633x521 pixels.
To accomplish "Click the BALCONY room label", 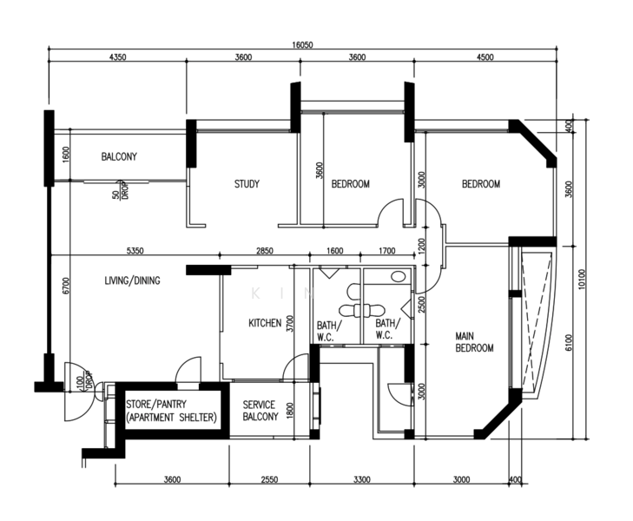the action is click(119, 156).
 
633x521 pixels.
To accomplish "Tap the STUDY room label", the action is click(247, 184).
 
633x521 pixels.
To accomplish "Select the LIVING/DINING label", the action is click(132, 280).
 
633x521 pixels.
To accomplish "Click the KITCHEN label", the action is click(265, 323).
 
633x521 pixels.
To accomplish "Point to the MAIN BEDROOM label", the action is click(474, 342).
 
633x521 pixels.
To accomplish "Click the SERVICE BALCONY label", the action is click(260, 411).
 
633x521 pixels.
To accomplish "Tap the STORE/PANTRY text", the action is click(156, 404).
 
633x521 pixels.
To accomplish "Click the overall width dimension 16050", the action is click(302, 45).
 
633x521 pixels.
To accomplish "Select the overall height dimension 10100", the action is click(581, 280).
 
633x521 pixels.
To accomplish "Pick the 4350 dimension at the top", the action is click(117, 57).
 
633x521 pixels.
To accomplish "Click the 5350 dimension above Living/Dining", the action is click(135, 251).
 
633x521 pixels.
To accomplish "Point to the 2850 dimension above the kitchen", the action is click(265, 251).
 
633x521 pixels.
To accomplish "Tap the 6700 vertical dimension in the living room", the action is click(66, 286).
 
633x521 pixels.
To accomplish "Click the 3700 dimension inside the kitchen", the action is click(290, 323).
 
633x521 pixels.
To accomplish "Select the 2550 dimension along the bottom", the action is click(269, 479).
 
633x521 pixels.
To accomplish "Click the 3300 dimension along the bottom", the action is click(362, 479).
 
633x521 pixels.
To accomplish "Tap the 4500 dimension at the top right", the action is click(485, 57).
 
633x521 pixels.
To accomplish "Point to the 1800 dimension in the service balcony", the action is click(290, 411).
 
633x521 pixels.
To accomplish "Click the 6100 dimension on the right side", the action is click(569, 342).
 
